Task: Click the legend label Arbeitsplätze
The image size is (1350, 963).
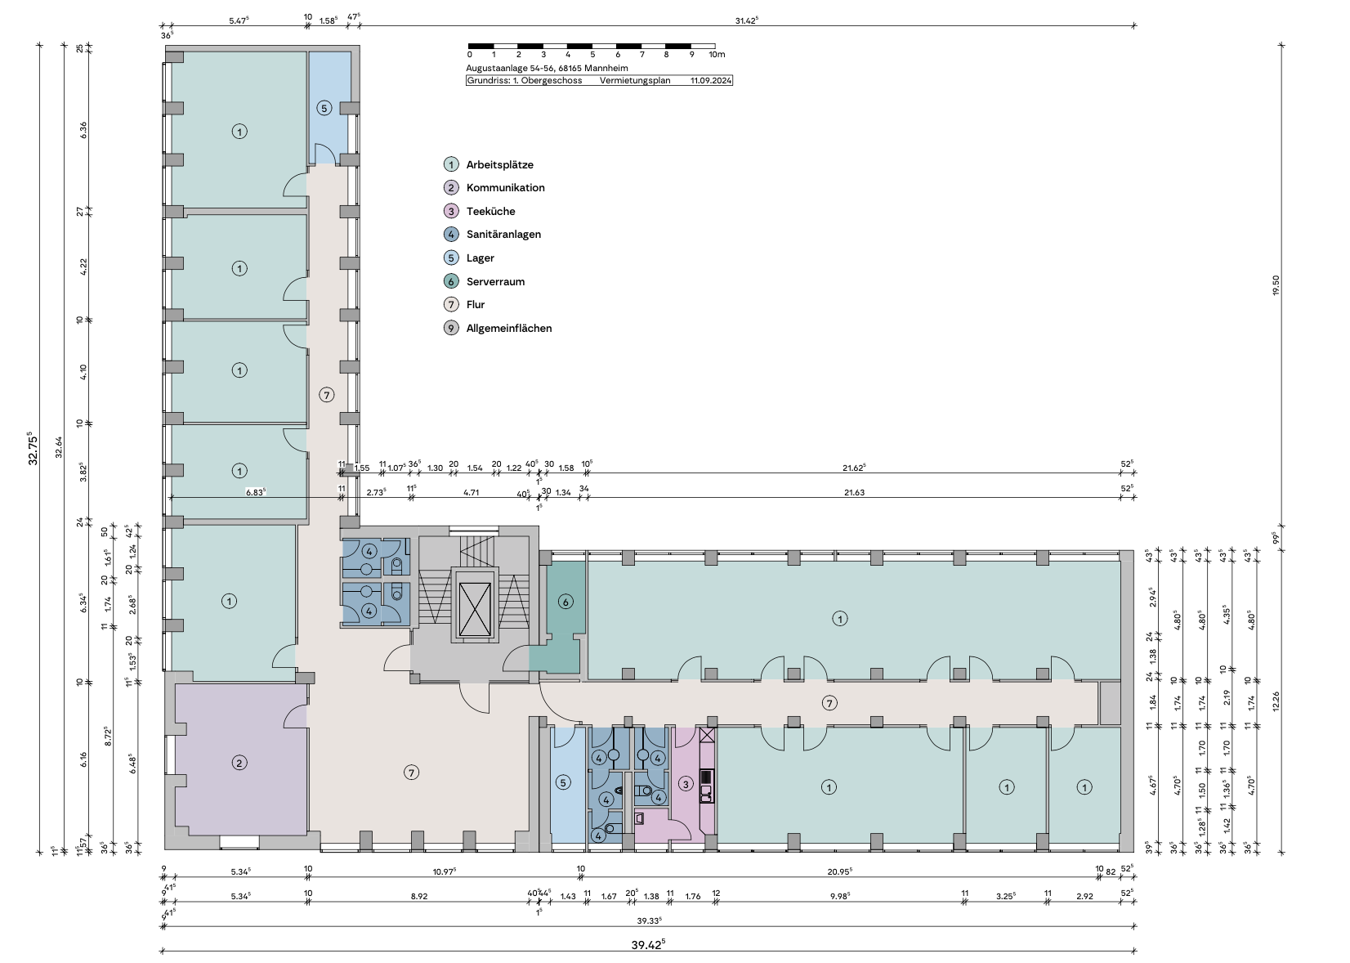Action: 499,164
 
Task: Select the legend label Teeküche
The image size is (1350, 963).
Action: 490,211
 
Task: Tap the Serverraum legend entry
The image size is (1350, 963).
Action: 495,281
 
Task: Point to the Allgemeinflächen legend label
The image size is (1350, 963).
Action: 509,328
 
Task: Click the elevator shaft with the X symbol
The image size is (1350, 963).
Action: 475,605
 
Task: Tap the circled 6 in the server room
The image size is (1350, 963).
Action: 565,601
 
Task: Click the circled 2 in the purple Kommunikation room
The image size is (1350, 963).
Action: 239,764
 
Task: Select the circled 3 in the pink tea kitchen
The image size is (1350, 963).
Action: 686,784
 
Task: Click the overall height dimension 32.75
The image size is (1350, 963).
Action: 33,449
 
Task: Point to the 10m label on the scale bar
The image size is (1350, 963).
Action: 717,55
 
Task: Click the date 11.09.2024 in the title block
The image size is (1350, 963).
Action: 711,80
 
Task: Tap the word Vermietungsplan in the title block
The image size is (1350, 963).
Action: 635,80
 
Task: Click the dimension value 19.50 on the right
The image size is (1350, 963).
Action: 1276,286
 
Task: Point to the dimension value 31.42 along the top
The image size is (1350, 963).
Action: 747,20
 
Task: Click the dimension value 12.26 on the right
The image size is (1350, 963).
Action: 1276,701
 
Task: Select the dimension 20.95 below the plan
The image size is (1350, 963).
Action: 840,871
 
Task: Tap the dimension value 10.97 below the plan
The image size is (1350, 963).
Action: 445,871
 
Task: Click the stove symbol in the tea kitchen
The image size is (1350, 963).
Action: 706,776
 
